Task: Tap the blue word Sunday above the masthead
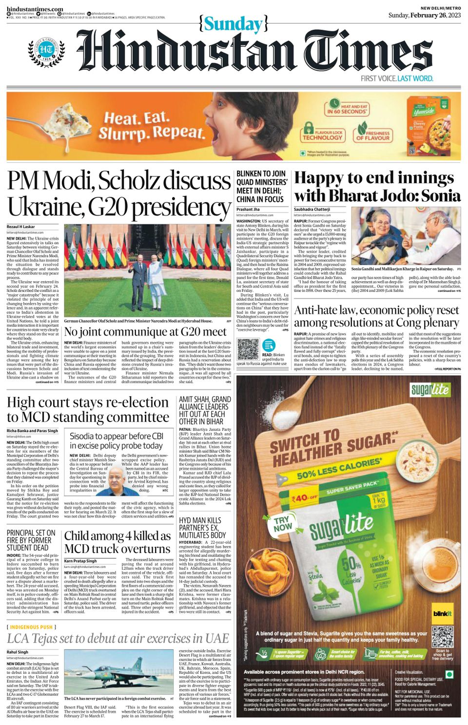pos(233,24)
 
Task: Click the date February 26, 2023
pos(435,15)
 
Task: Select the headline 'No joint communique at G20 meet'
pos(145,332)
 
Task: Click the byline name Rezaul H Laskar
pos(21,227)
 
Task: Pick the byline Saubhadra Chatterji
pos(312,210)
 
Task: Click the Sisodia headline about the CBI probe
pos(116,441)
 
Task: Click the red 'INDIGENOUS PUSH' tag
pos(31,627)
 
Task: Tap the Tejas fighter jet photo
pos(118,672)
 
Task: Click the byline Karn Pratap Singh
pos(80,561)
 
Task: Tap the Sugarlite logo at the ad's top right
pos(429,389)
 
